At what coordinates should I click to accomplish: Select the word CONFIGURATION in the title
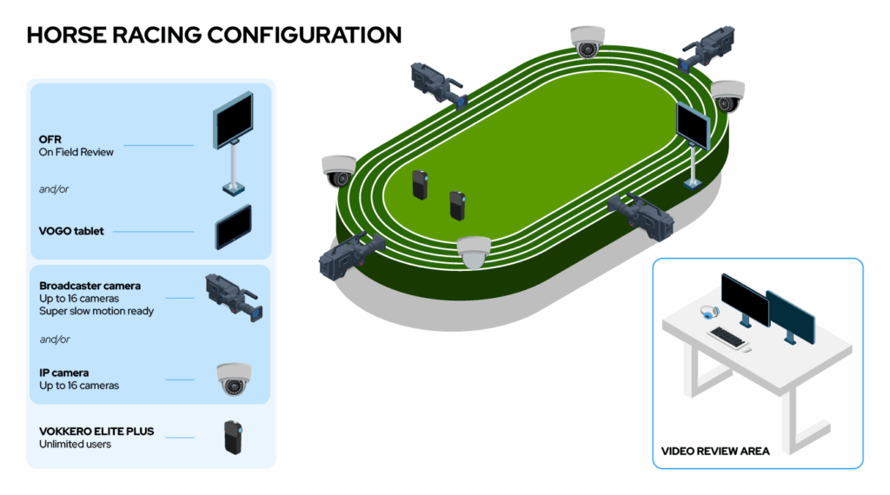click(x=304, y=35)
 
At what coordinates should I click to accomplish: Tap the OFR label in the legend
click(x=50, y=140)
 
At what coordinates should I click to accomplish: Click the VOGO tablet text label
click(x=71, y=231)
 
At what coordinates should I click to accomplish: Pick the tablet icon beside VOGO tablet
click(x=233, y=228)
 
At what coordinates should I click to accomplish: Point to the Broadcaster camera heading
click(x=90, y=286)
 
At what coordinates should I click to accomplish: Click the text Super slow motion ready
click(x=96, y=311)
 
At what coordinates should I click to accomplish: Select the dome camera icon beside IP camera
click(x=233, y=379)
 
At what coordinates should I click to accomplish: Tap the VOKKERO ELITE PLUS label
click(x=96, y=432)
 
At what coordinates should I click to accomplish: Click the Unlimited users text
click(x=75, y=444)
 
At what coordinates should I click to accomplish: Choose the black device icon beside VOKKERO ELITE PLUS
click(x=233, y=437)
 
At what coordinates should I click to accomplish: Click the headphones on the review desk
click(x=709, y=312)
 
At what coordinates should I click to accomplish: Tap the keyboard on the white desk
click(x=727, y=337)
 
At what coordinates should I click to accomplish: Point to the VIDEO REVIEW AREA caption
click(x=715, y=452)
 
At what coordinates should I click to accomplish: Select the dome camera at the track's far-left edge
click(x=338, y=171)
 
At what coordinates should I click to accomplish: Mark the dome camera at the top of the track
click(x=588, y=42)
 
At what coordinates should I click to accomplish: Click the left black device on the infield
click(x=420, y=185)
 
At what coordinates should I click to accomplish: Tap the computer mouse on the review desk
click(x=747, y=349)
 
